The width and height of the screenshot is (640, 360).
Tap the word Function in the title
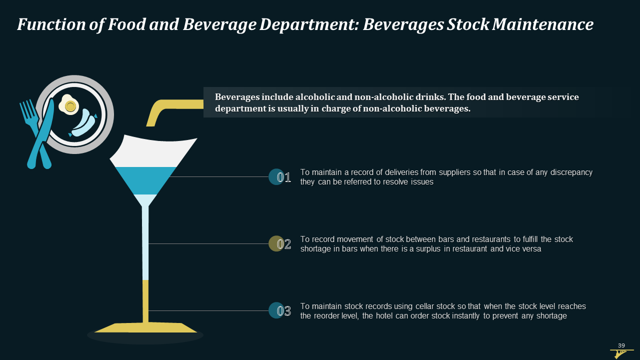[51, 24]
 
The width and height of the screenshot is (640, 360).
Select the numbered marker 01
[280, 177]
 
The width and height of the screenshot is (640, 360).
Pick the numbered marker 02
[280, 243]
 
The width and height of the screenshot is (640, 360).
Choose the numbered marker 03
[280, 310]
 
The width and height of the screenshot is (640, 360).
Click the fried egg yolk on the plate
[70, 106]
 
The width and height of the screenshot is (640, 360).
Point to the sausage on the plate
[83, 123]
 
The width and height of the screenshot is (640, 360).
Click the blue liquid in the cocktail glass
[145, 180]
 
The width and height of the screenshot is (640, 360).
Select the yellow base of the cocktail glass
[145, 327]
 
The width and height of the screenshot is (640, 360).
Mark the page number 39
[621, 345]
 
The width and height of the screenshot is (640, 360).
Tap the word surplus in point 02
[428, 249]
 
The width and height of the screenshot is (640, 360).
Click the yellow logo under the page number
[620, 353]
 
